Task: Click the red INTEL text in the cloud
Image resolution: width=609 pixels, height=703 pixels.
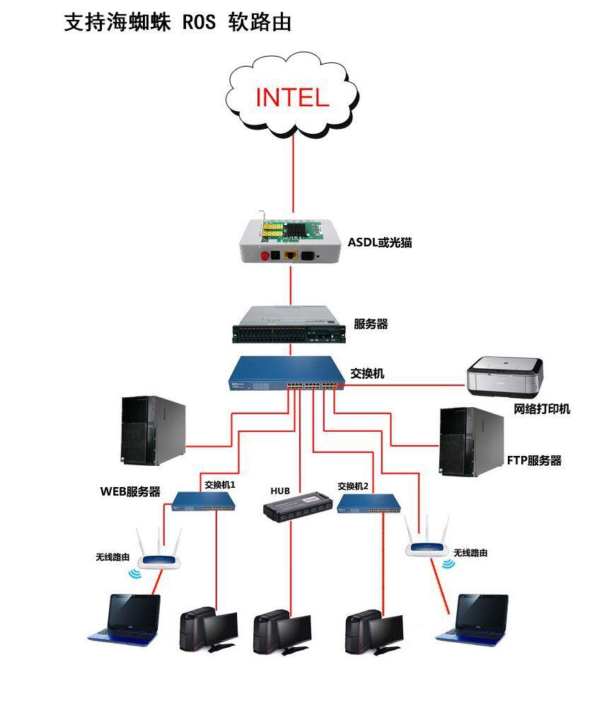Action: (x=291, y=97)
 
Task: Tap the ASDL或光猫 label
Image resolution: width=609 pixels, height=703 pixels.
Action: (x=379, y=243)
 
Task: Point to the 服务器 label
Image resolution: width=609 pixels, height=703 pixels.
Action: (x=371, y=324)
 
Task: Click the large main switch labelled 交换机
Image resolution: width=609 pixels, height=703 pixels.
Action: (x=287, y=376)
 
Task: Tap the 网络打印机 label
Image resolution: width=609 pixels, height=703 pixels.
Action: (x=542, y=409)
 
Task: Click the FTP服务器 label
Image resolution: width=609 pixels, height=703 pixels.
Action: (x=534, y=461)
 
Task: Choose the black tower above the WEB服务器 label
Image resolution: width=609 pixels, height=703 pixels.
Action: (x=153, y=430)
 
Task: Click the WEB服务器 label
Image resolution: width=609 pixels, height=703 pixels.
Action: (x=130, y=492)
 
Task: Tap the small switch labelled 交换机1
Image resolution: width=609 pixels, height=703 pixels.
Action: (x=204, y=502)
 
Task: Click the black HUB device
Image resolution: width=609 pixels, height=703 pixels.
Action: (x=297, y=503)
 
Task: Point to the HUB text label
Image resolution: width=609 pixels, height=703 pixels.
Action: (x=280, y=491)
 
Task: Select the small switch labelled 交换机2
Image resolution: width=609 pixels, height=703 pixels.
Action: (x=369, y=503)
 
